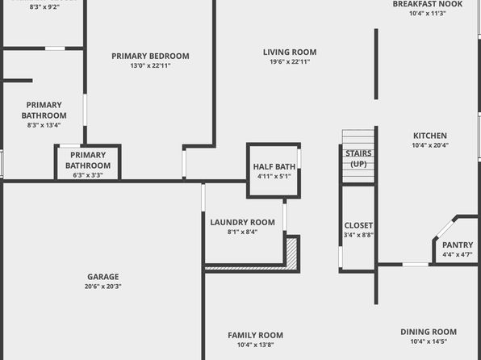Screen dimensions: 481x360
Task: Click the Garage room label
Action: tap(103, 277)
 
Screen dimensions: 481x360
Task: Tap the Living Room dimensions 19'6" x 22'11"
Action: tap(290, 61)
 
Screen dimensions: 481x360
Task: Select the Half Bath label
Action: tap(274, 166)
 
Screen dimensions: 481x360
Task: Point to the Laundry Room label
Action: tap(242, 222)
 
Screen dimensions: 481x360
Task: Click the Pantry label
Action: tap(458, 245)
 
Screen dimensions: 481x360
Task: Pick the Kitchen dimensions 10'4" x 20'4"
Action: tap(430, 145)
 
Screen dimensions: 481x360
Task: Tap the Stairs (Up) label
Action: tap(358, 159)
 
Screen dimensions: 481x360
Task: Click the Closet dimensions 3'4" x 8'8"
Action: tap(358, 235)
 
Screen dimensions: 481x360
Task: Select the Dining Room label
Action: tap(429, 332)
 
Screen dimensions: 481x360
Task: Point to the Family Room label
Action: tap(256, 335)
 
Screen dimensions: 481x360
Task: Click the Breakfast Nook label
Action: tap(428, 4)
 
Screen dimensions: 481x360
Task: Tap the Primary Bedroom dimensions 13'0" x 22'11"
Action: tap(150, 65)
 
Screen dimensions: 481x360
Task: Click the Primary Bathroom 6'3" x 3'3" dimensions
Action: tap(88, 175)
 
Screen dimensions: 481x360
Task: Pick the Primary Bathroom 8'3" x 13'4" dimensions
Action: tap(44, 125)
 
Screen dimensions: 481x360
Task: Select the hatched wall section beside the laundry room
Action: tap(291, 254)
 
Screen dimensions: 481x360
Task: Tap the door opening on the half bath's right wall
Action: tap(299, 158)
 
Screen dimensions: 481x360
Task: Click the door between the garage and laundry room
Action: tap(203, 198)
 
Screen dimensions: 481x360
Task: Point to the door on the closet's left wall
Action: tap(341, 257)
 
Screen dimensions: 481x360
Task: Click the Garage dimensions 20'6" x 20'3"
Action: tap(103, 287)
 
